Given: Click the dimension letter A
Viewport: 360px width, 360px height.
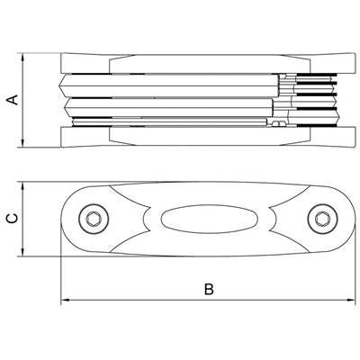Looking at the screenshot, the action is point(13,100).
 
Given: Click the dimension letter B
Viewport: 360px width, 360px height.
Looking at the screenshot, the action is point(209,289).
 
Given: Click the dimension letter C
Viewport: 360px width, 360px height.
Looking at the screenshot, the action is point(13,219).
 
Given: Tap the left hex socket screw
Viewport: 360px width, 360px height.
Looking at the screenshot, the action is point(94,219).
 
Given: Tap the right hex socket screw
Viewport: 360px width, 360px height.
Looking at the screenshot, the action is point(323,219).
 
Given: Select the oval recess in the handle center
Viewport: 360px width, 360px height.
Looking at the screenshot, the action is point(209,219).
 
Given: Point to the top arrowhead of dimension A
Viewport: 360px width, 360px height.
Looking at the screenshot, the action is point(22,57).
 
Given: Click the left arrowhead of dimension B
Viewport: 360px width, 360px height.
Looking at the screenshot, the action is point(65,300).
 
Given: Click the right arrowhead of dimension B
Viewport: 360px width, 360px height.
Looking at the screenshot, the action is point(351,300).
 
